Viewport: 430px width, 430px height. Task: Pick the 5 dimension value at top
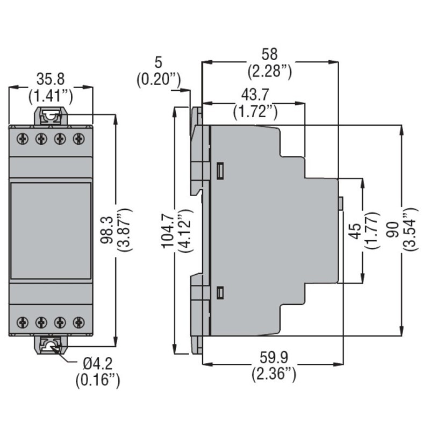click(x=157, y=61)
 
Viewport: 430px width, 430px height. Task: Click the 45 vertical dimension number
click(x=355, y=231)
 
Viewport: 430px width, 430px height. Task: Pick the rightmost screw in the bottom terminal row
click(x=80, y=322)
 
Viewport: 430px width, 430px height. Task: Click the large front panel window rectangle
click(x=51, y=231)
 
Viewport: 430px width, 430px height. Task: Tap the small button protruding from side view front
click(x=341, y=203)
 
